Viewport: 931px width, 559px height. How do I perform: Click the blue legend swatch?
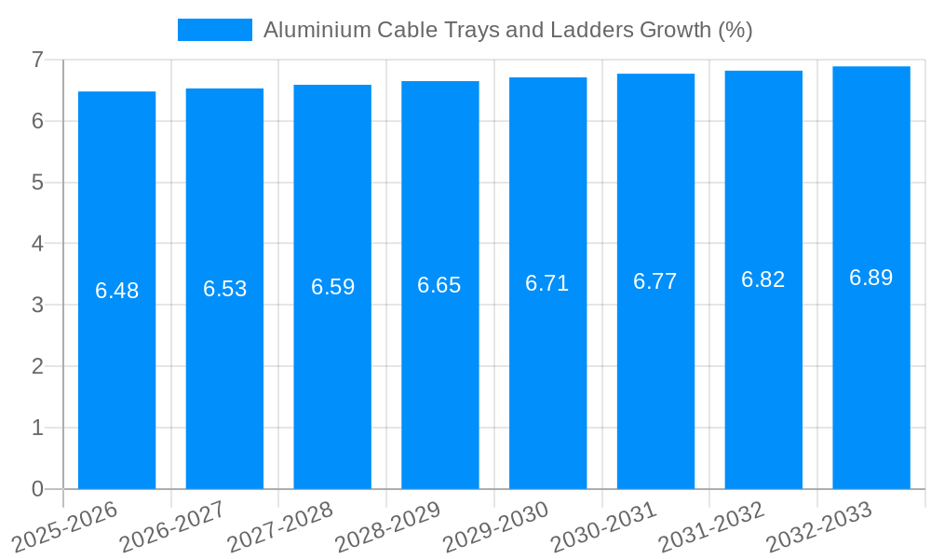click(x=214, y=30)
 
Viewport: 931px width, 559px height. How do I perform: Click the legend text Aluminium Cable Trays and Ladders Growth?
click(x=507, y=30)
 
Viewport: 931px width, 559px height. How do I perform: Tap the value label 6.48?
click(x=116, y=291)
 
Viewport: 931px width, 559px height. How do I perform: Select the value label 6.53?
click(x=224, y=289)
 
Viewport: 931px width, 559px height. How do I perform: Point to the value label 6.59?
click(x=332, y=287)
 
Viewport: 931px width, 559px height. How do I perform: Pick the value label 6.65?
click(x=439, y=285)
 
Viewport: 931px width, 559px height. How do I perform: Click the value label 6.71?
click(x=547, y=283)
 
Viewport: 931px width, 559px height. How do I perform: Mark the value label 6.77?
click(x=655, y=281)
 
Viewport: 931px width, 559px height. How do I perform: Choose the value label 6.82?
click(x=763, y=279)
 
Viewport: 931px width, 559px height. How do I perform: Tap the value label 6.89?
click(x=870, y=278)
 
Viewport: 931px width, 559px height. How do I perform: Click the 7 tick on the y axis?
click(x=37, y=60)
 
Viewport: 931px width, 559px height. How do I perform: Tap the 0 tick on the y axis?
click(x=37, y=489)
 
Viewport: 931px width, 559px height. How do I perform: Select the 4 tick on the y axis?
click(x=37, y=244)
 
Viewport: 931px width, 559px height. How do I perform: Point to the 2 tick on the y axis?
click(x=37, y=366)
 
